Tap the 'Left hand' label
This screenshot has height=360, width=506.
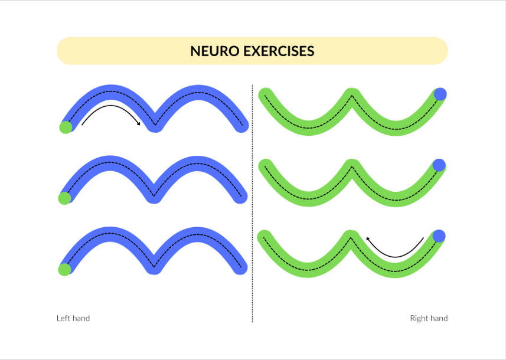click(x=73, y=318)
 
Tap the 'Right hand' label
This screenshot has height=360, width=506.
click(x=429, y=318)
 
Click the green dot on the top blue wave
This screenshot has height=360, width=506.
click(x=66, y=127)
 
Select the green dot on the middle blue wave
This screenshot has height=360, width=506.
click(x=64, y=198)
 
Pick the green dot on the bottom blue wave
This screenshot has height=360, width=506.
click(x=64, y=269)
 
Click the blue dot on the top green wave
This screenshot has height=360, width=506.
click(x=440, y=94)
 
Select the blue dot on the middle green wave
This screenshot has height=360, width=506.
click(x=439, y=165)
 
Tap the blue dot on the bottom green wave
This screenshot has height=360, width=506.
click(x=439, y=236)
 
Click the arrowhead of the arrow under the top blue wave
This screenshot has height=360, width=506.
click(x=139, y=123)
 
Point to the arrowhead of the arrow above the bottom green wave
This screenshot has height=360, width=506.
click(x=368, y=238)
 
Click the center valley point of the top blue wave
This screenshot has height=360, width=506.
click(x=154, y=125)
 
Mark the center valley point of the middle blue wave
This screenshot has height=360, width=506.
click(x=154, y=195)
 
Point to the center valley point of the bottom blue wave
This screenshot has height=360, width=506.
click(x=154, y=266)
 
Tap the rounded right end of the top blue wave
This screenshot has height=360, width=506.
click(x=241, y=126)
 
